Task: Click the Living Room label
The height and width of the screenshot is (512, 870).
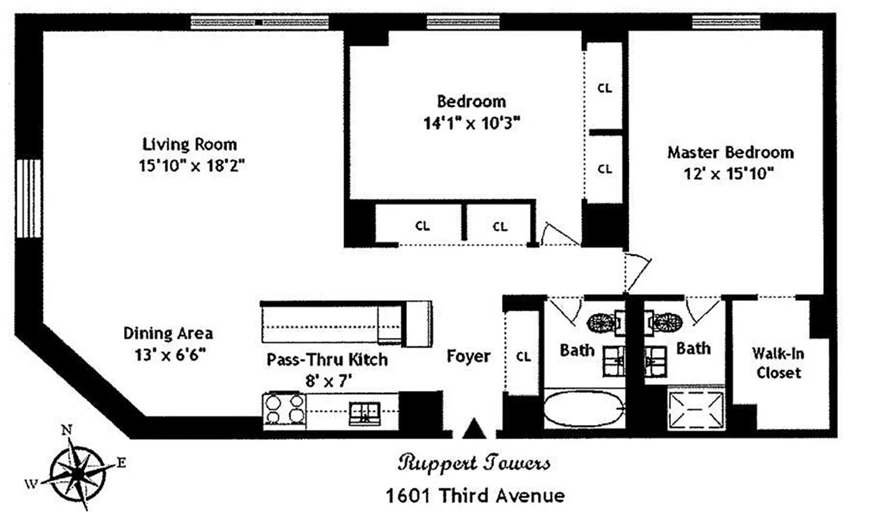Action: [189, 144]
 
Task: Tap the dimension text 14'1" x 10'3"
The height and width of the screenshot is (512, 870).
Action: [471, 123]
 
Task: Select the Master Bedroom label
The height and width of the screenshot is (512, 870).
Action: [730, 152]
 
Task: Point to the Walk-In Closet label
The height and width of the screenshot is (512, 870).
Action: [777, 362]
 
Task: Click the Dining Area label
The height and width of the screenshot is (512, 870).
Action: [168, 333]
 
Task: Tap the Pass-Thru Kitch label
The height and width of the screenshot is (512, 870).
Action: [327, 359]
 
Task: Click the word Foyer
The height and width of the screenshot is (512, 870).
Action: [469, 356]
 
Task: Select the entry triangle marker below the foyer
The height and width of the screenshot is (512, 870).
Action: [474, 429]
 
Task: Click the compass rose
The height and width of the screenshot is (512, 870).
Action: [77, 472]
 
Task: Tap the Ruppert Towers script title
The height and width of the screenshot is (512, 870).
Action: [473, 463]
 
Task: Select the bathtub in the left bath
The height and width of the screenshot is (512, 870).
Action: [583, 409]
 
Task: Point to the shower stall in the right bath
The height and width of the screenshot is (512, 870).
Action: [696, 410]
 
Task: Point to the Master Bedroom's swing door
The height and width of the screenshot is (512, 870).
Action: [637, 268]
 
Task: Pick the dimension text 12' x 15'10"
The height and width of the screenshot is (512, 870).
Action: [730, 173]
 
